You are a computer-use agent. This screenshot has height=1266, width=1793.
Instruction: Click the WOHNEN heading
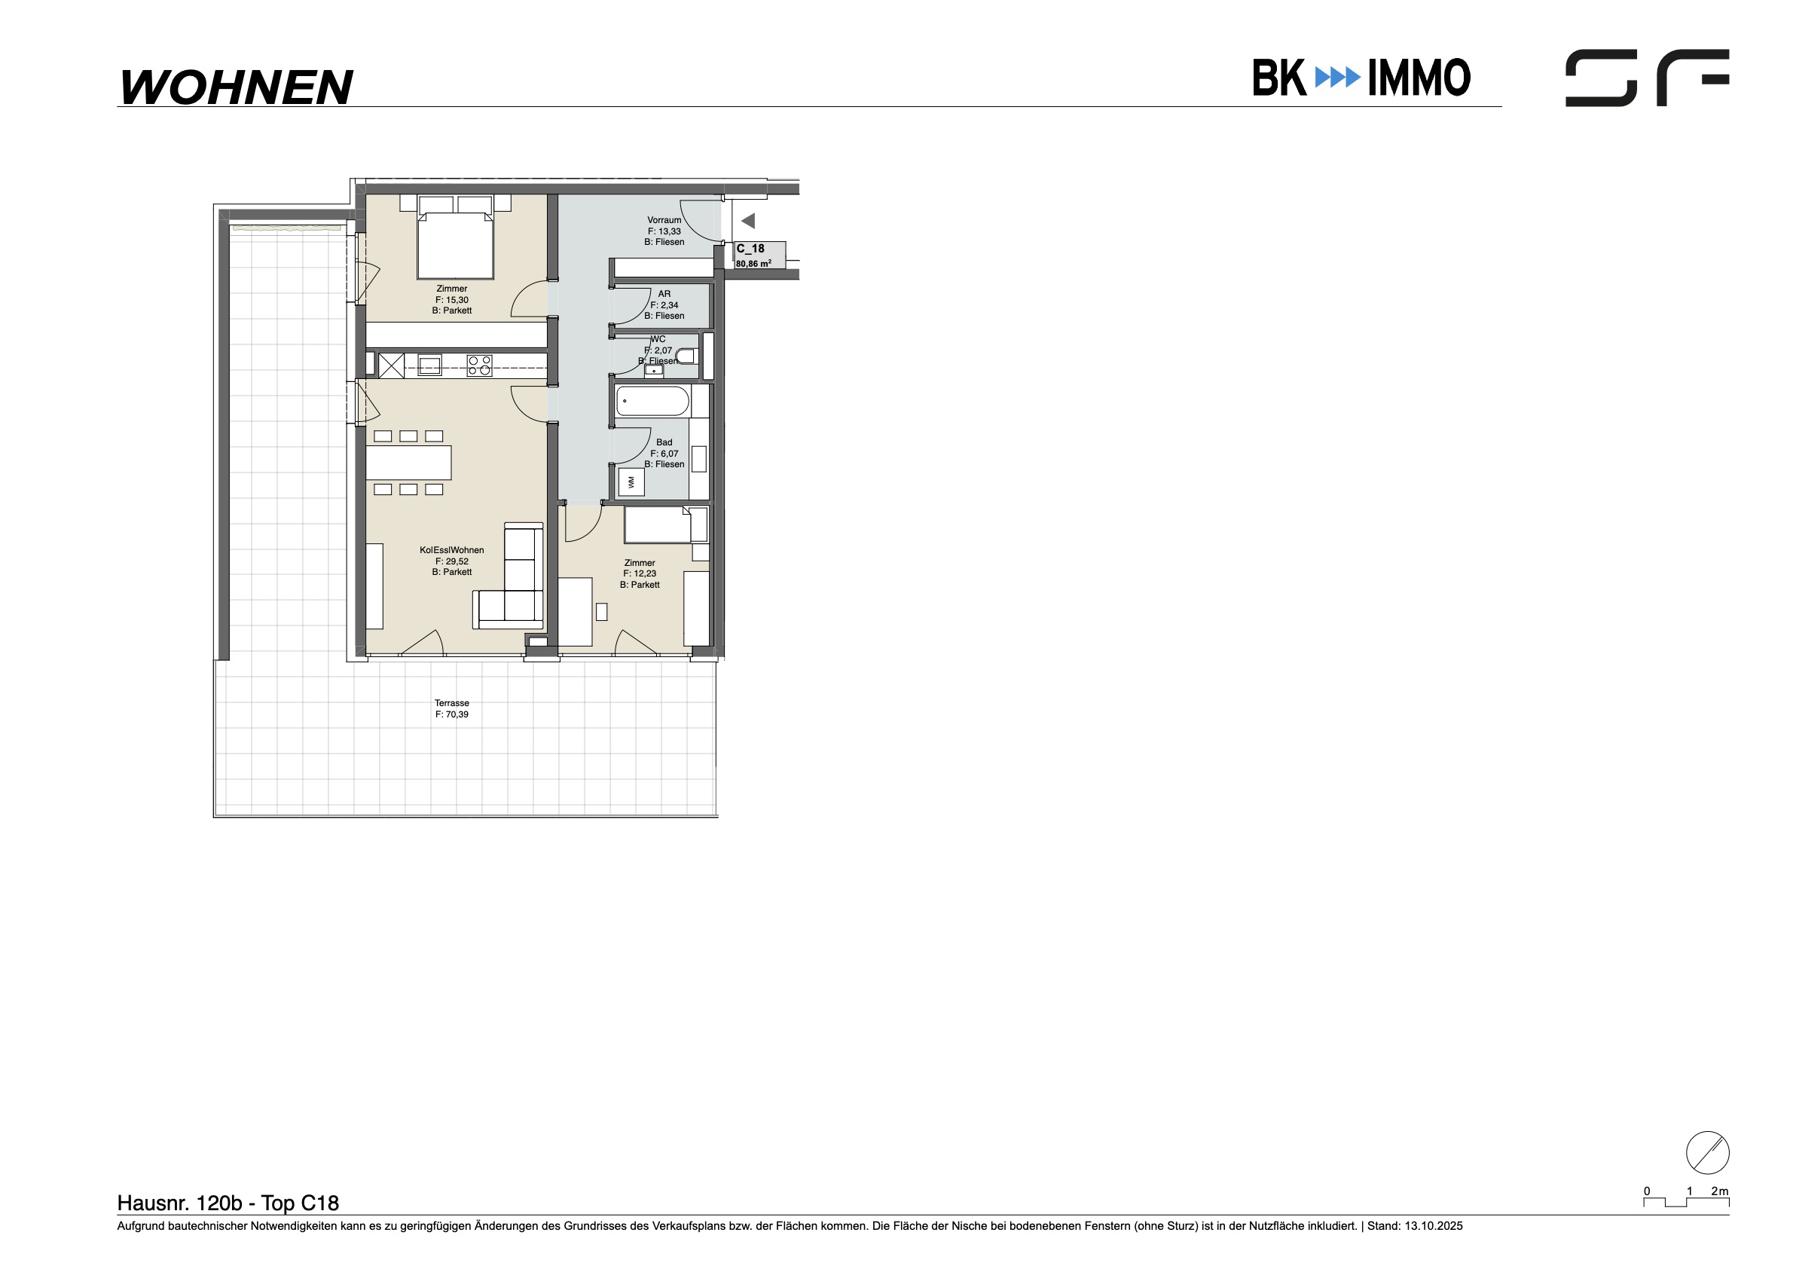pos(237,87)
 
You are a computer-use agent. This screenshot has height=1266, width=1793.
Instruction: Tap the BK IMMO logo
pos(1362,78)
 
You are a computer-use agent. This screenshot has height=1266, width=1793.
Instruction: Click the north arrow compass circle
pos(1708,1153)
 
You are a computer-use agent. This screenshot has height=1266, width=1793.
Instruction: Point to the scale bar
pos(1686,1202)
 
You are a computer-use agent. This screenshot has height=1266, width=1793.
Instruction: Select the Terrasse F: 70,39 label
pos(452,709)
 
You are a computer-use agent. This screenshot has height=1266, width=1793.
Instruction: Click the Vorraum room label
pos(664,231)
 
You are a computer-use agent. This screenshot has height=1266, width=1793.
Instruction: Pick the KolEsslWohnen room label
pos(452,561)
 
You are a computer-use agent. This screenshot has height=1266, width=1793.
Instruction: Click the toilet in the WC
pos(685,357)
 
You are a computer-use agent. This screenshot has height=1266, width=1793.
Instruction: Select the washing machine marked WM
pos(631,482)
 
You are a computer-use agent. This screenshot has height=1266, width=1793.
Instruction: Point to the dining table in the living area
pos(408,463)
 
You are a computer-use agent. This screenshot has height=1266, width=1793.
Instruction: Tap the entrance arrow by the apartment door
pos(748,221)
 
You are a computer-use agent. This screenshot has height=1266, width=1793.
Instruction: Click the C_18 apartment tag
pos(750,249)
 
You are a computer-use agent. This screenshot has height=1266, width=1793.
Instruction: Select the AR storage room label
pos(664,304)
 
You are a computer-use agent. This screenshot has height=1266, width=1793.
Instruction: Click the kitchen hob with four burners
pos(479,365)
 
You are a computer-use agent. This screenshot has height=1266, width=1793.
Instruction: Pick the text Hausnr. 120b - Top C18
pos(228,1203)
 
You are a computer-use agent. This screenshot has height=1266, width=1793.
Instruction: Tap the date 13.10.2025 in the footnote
pos(1434,1226)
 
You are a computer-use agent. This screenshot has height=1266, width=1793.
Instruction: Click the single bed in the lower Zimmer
pos(666,524)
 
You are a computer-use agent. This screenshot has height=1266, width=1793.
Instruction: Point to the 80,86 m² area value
pos(753,264)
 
